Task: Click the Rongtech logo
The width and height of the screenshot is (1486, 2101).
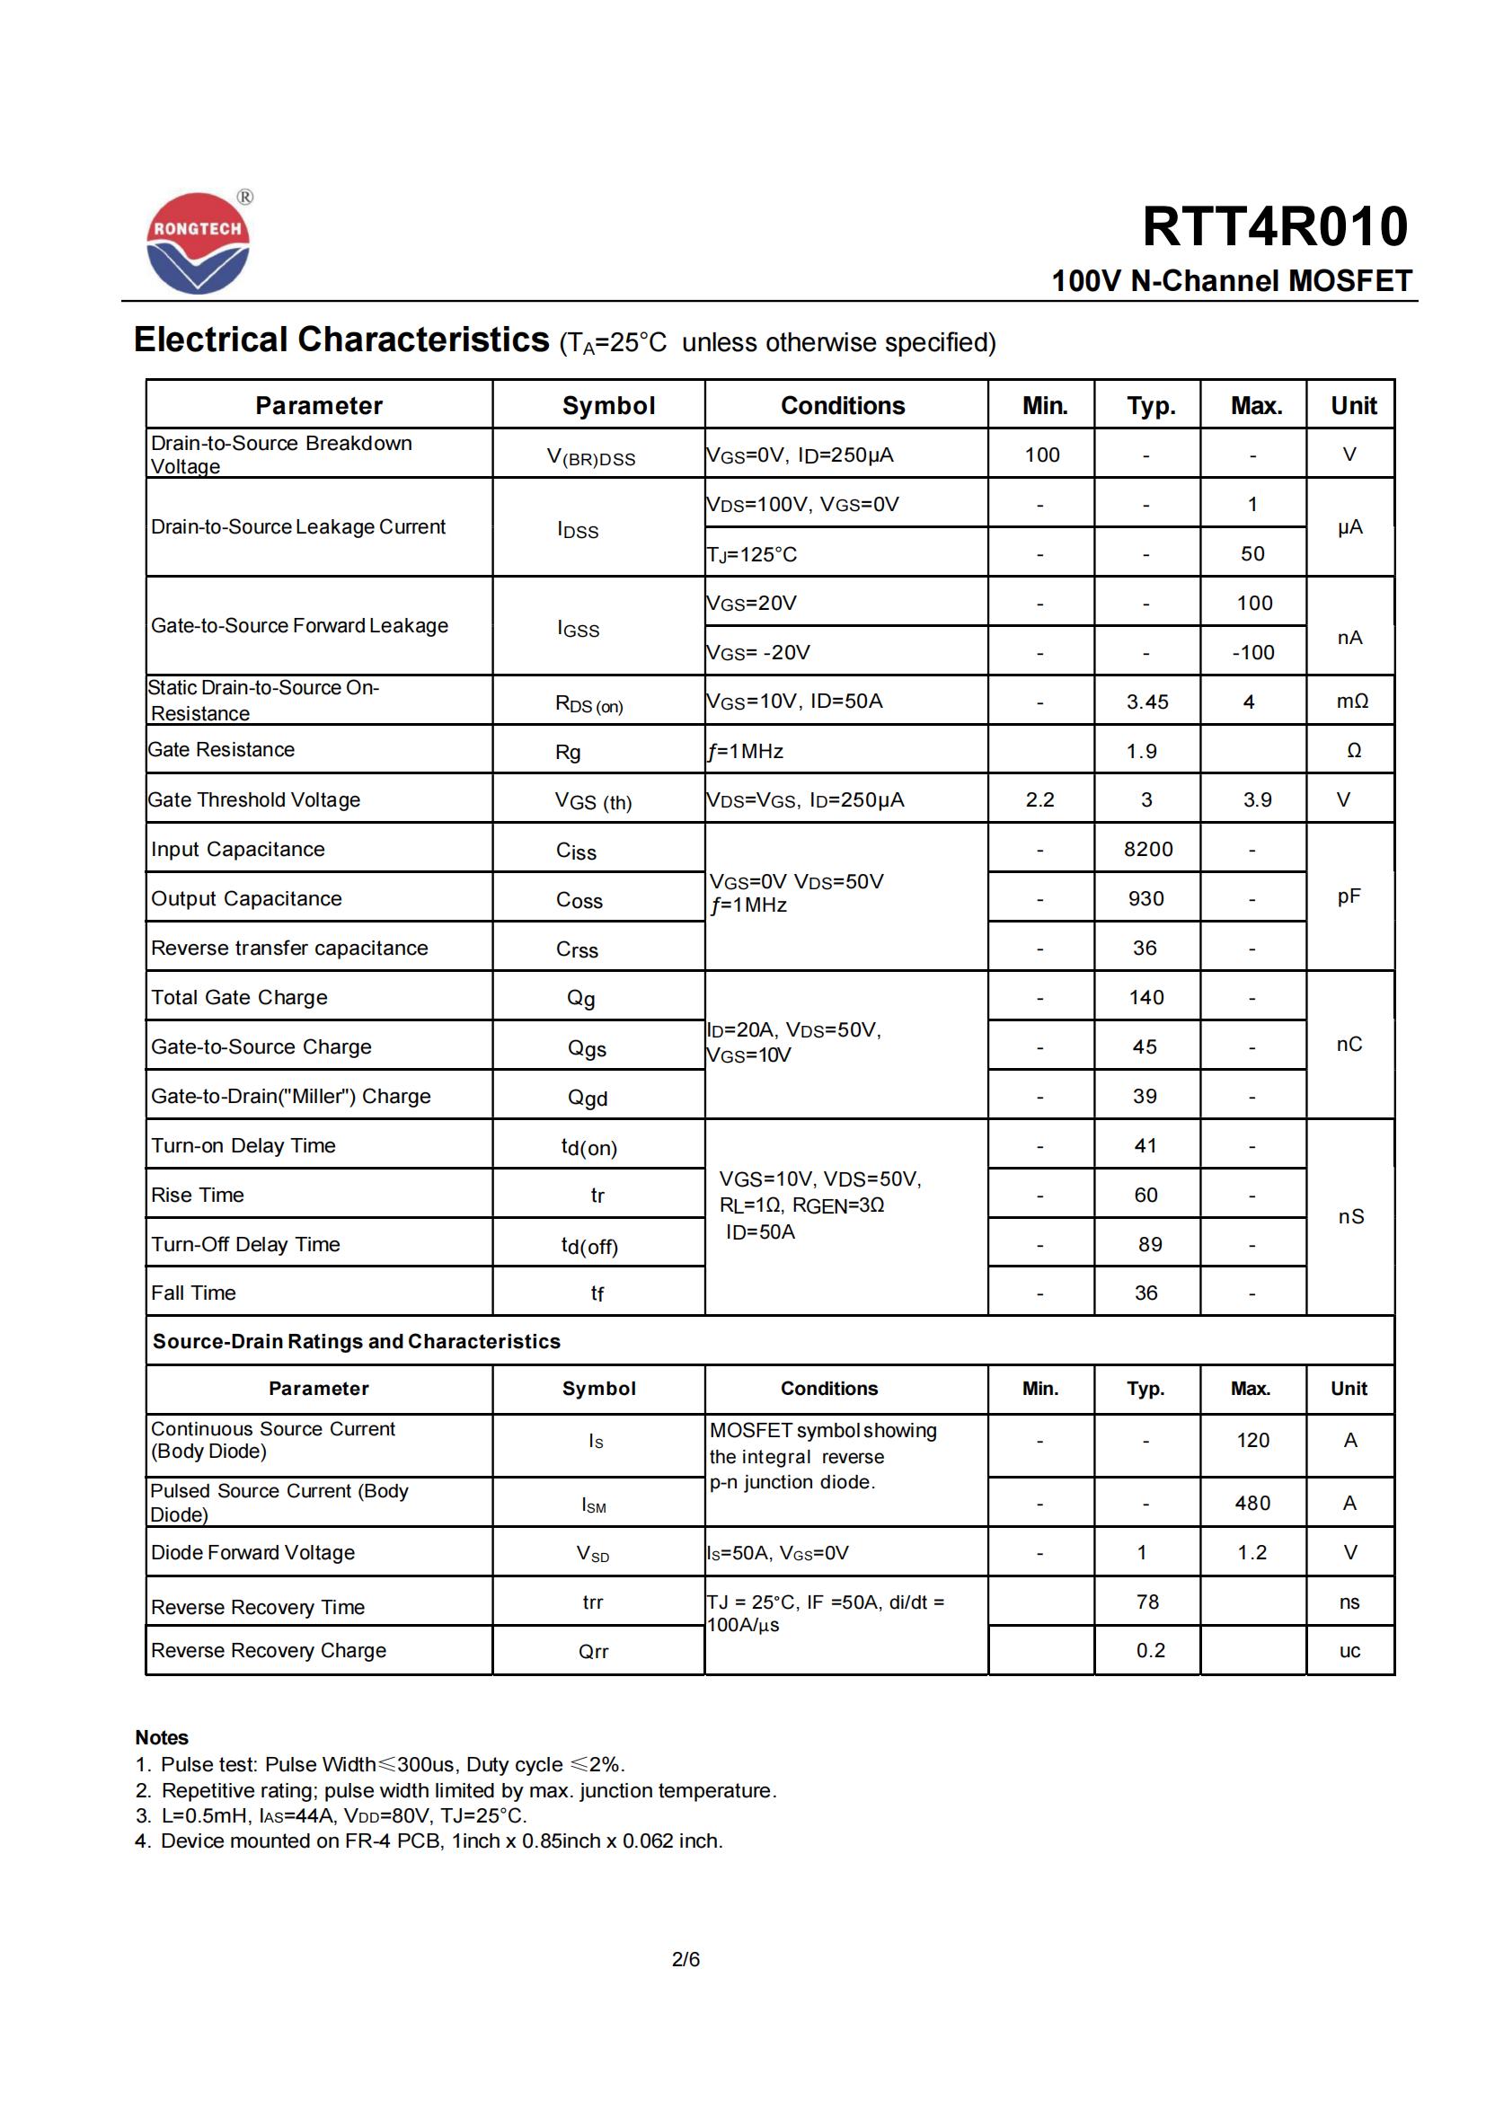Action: click(x=198, y=243)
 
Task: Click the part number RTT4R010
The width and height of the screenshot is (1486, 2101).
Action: click(x=1275, y=226)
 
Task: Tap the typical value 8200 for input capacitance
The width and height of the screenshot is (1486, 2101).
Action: click(x=1147, y=849)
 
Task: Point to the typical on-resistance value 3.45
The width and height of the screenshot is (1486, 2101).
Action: click(x=1147, y=702)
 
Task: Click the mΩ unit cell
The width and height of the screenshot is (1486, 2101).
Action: click(x=1351, y=701)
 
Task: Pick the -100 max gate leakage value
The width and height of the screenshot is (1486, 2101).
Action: click(x=1252, y=652)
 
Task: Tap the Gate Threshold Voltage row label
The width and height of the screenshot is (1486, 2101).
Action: click(x=254, y=799)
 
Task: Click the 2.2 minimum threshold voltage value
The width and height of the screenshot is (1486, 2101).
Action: click(x=1039, y=799)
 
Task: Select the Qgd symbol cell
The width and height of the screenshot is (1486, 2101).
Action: click(x=588, y=1097)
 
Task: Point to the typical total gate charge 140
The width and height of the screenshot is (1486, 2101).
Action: click(x=1146, y=997)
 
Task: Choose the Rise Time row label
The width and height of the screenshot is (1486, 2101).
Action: click(x=198, y=1195)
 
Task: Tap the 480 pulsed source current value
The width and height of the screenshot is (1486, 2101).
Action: click(x=1252, y=1503)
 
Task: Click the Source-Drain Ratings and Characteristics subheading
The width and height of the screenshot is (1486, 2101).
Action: click(x=356, y=1341)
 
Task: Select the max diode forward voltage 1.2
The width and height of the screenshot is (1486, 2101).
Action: click(x=1252, y=1552)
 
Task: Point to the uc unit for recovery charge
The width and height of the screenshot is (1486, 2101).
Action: click(x=1349, y=1651)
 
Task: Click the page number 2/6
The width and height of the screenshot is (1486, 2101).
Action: click(x=686, y=1959)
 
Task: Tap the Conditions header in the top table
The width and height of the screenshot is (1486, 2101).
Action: click(x=843, y=405)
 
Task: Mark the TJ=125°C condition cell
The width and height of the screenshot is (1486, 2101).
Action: click(x=752, y=554)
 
